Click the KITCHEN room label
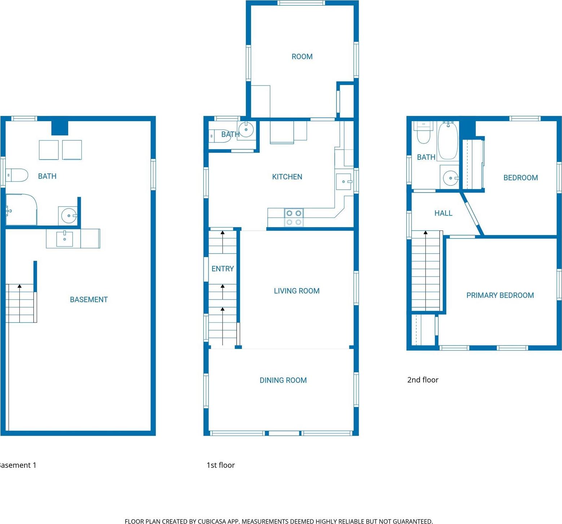pyautogui.click(x=287, y=177)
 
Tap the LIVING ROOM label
pyautogui.click(x=297, y=291)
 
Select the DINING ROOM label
pyautogui.click(x=283, y=380)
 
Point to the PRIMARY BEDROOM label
pyautogui.click(x=500, y=295)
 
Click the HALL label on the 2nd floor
pyautogui.click(x=443, y=213)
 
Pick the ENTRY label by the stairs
pyautogui.click(x=223, y=269)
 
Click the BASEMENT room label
pyautogui.click(x=89, y=300)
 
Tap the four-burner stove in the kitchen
pyautogui.click(x=294, y=217)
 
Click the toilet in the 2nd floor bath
pyautogui.click(x=423, y=133)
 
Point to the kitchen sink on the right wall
pyautogui.click(x=344, y=181)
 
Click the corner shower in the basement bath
pyautogui.click(x=21, y=210)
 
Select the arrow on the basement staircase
pyautogui.click(x=19, y=286)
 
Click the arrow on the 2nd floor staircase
pyautogui.click(x=426, y=233)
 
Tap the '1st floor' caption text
pyautogui.click(x=220, y=465)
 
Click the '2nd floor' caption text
pyautogui.click(x=423, y=380)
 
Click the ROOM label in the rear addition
pyautogui.click(x=302, y=57)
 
